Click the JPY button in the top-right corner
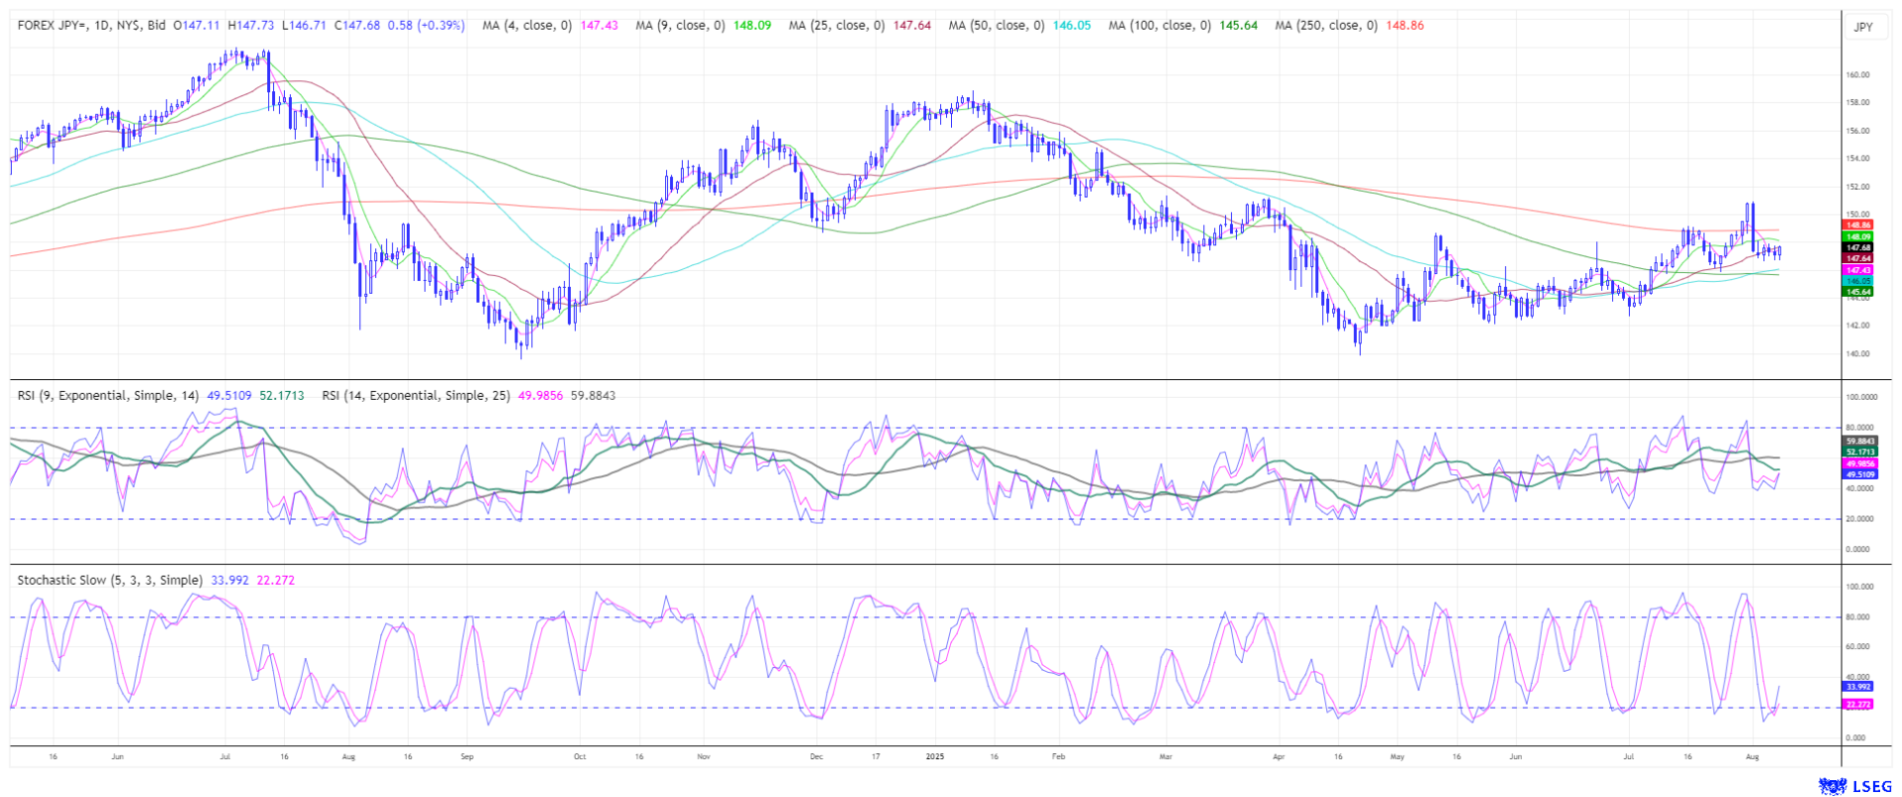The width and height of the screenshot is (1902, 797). coord(1863,27)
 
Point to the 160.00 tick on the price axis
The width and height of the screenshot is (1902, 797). coord(1857,74)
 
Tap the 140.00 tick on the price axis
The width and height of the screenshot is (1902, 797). coord(1857,353)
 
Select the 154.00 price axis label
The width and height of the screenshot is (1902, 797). coord(1857,158)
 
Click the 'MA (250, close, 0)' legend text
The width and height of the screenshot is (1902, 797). coord(1326,26)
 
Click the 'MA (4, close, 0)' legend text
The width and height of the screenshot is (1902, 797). coord(526,26)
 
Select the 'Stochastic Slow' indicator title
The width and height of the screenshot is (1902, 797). coord(109,581)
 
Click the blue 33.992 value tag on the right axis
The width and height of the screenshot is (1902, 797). coord(1857,687)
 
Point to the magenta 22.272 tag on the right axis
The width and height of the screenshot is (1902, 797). coord(1857,704)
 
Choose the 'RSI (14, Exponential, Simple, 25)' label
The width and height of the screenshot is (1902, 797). coord(416,396)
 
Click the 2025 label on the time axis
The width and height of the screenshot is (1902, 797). coord(934,756)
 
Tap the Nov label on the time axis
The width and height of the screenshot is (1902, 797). coord(704,756)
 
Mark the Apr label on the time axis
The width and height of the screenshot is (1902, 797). coord(1279,756)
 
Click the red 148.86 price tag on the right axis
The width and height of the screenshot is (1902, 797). coord(1857,225)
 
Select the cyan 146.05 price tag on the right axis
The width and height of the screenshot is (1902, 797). coord(1857,281)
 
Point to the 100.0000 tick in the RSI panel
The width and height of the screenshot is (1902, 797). coord(1860,397)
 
